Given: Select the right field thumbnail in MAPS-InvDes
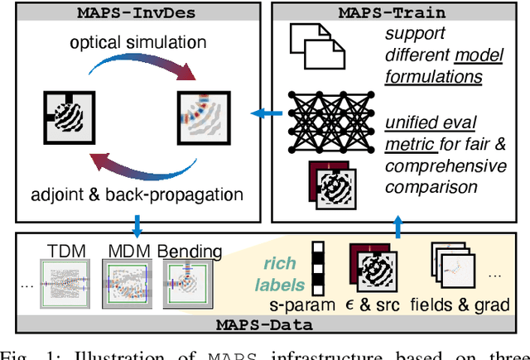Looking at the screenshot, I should coord(200,118).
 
